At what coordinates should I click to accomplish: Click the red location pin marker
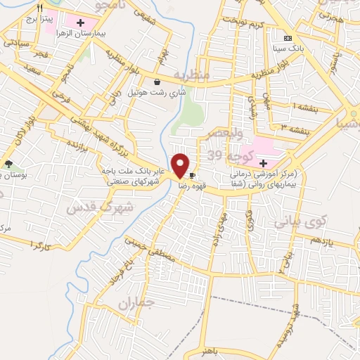coord(180,165)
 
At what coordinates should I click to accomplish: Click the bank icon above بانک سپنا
coord(286,37)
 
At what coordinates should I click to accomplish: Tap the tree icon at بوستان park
coord(8,163)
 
